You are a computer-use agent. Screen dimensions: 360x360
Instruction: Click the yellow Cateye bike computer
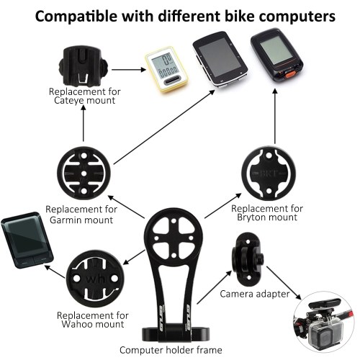(166, 69)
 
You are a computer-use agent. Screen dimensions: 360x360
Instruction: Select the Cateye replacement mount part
(83, 67)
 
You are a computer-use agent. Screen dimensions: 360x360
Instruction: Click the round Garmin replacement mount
(84, 174)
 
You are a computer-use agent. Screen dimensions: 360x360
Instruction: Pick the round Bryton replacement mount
(269, 174)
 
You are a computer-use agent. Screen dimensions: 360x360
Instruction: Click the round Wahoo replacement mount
(95, 279)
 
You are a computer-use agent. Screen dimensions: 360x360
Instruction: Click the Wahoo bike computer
(27, 240)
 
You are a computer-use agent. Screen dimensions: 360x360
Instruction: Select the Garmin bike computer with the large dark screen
(220, 60)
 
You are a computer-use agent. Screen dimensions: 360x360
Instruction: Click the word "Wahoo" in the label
(77, 324)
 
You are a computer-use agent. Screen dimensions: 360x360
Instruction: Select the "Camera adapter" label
(255, 294)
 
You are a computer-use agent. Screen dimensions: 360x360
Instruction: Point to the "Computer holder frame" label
(171, 350)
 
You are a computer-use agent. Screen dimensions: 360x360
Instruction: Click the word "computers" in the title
(297, 17)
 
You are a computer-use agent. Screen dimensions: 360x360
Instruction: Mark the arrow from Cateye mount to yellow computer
(129, 70)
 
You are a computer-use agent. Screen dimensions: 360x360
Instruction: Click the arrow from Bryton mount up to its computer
(275, 117)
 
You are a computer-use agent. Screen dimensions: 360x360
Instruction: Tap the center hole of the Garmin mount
(84, 174)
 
